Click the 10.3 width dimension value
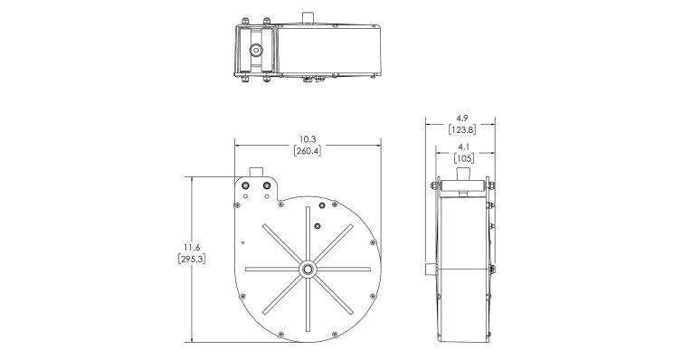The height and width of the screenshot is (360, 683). click(307, 139)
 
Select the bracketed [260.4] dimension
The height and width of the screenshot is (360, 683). click(308, 151)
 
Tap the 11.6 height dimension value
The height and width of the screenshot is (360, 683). click(192, 247)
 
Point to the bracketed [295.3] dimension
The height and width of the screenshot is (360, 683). click(192, 259)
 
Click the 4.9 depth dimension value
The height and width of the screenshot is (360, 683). click(461, 118)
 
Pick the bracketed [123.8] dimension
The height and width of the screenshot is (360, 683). click(461, 129)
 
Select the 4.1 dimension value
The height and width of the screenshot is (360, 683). click(463, 147)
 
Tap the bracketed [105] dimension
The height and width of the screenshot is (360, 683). click(463, 158)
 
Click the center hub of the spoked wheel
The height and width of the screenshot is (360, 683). click(308, 269)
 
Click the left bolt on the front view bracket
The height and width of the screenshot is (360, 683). click(245, 185)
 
